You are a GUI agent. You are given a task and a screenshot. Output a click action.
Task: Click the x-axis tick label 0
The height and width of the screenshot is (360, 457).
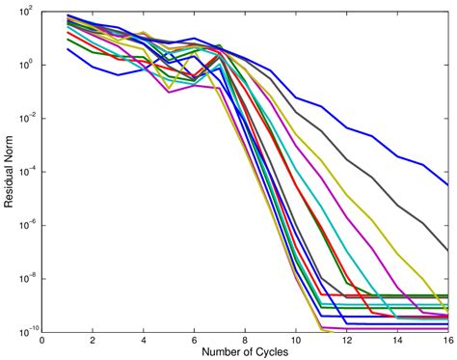[x=42, y=340]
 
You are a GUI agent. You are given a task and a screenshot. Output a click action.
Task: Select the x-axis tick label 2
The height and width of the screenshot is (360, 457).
[x=93, y=340]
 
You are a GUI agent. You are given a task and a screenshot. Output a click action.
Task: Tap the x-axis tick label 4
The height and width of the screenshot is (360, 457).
[x=144, y=340]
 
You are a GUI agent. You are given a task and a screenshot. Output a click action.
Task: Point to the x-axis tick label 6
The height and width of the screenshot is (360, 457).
[x=194, y=340]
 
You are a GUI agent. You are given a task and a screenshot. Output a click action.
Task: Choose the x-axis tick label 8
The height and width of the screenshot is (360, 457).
[x=245, y=340]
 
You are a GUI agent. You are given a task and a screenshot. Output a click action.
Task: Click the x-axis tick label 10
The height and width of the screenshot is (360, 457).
[x=295, y=340]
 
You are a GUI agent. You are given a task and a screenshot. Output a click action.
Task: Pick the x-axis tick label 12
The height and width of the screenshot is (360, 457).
[x=346, y=340]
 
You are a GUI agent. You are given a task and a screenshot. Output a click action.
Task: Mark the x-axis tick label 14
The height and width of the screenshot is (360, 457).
[x=396, y=340]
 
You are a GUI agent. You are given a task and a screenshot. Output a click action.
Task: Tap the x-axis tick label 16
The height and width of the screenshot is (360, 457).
[x=446, y=340]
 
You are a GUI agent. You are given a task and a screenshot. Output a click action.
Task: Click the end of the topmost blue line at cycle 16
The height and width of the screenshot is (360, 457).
[x=447, y=184]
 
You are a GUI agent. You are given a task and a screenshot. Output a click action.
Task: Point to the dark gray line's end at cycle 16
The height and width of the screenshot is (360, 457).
[x=447, y=250]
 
